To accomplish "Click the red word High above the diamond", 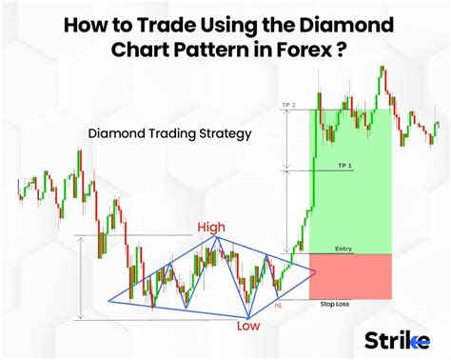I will pos(211,228).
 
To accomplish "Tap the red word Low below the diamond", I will pos(249,326).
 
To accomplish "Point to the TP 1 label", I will pos(344,167).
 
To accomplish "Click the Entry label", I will pos(343,249).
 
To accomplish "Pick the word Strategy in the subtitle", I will pos(220,134).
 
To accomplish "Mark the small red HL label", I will pos(278,305).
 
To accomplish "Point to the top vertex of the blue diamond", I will pos(217,238).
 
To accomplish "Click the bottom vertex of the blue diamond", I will pos(247,317).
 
